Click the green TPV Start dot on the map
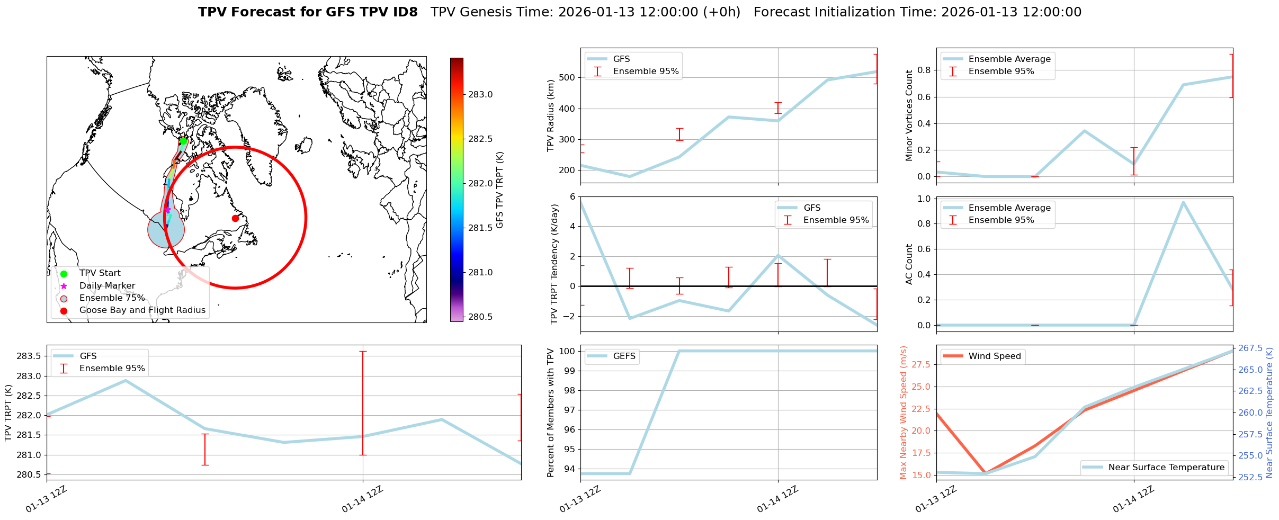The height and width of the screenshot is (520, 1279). (x=183, y=141)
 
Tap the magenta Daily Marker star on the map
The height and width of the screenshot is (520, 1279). (x=167, y=210)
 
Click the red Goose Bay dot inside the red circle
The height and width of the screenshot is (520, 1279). (x=235, y=218)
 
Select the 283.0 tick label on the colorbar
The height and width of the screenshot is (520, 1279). (x=480, y=95)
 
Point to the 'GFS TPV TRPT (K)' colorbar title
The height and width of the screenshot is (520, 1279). (x=500, y=190)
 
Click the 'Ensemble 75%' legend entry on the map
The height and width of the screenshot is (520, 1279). (x=112, y=298)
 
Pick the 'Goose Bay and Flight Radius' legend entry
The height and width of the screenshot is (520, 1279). (x=142, y=310)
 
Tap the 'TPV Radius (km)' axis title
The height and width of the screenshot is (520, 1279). (x=551, y=115)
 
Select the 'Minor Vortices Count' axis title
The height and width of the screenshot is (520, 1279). (x=909, y=115)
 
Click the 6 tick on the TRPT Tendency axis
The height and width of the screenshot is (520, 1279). (x=572, y=197)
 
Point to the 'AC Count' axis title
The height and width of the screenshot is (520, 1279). (x=909, y=264)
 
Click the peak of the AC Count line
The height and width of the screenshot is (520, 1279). (x=1183, y=202)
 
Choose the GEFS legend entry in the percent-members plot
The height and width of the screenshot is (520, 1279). (x=624, y=356)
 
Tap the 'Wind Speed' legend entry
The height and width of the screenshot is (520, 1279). (x=994, y=356)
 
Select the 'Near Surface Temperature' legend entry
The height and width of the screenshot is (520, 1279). (x=1166, y=468)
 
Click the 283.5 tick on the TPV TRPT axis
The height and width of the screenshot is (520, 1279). (x=30, y=356)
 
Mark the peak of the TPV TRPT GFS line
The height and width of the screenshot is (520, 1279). (x=126, y=380)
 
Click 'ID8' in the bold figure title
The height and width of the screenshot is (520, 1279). (x=401, y=12)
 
